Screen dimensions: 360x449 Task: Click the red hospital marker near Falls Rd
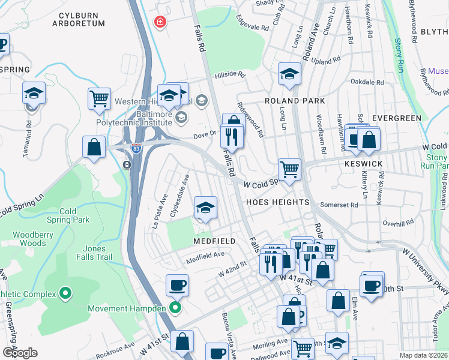pos(160,23)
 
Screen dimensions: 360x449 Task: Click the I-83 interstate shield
pos(137,151)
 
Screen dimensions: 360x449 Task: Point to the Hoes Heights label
pos(277,202)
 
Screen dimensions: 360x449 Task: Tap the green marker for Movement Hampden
pos(175,309)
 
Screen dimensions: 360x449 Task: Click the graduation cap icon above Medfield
pos(205,208)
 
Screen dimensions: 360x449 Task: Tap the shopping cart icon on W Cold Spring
pos(289,169)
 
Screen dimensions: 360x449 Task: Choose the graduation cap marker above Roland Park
pos(289,74)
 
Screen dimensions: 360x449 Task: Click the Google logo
pos(19,352)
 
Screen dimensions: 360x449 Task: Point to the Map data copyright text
pos(422,355)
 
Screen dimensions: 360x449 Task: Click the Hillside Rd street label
pos(231,75)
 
